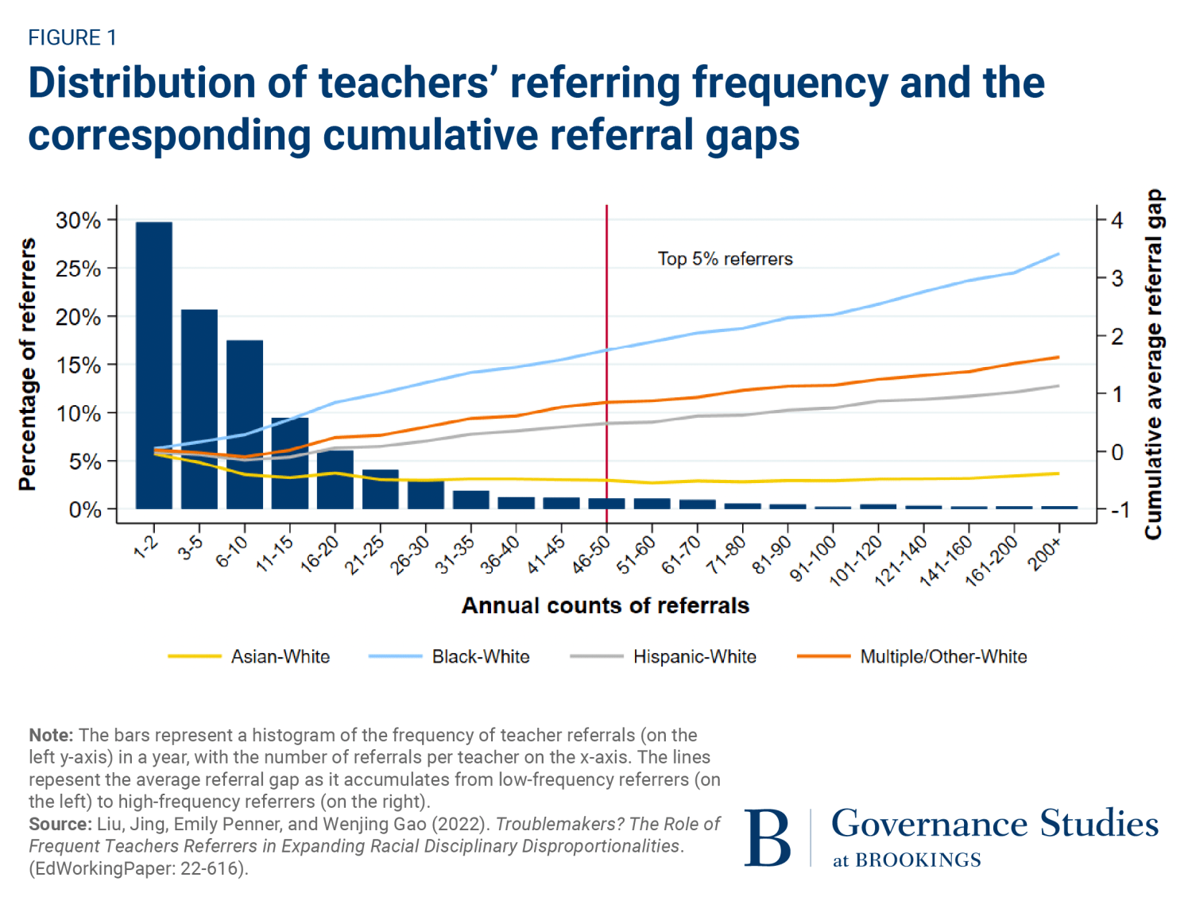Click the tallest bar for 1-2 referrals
pyautogui.click(x=153, y=365)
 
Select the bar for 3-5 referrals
pyautogui.click(x=199, y=408)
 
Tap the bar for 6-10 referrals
pyautogui.click(x=244, y=424)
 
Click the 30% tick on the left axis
pyautogui.click(x=78, y=221)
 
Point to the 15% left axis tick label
pyautogui.click(x=78, y=365)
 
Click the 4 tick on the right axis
pyautogui.click(x=1117, y=220)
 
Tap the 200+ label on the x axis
pyautogui.click(x=1044, y=554)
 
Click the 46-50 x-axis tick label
pyautogui.click(x=591, y=555)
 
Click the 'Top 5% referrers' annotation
pyautogui.click(x=725, y=259)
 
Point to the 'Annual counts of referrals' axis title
pyautogui.click(x=606, y=605)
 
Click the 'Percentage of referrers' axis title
pyautogui.click(x=28, y=364)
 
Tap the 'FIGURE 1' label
pyautogui.click(x=72, y=37)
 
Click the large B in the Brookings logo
pyautogui.click(x=767, y=838)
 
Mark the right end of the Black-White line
pyautogui.click(x=1058, y=254)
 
